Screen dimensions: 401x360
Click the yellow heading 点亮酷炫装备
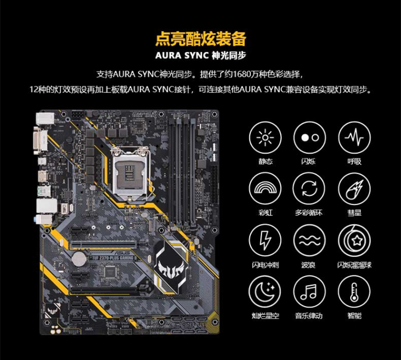[x=201, y=39]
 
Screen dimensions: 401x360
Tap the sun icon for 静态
[x=265, y=138]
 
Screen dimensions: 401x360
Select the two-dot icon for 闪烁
[x=310, y=138]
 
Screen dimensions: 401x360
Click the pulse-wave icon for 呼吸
[x=354, y=138]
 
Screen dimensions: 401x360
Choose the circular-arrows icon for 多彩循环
[x=309, y=189]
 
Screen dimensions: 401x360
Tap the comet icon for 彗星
[x=354, y=189]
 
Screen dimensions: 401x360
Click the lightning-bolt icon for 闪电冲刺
[x=265, y=241]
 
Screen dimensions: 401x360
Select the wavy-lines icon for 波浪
[x=310, y=241]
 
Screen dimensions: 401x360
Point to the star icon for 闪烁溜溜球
[x=354, y=241]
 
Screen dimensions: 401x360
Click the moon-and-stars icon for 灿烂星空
[x=264, y=291]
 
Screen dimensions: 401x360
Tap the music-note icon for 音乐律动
[x=309, y=291]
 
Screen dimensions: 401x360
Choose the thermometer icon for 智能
[x=354, y=291]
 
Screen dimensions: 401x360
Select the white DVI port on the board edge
[x=41, y=141]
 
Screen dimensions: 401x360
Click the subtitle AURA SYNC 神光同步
[x=201, y=55]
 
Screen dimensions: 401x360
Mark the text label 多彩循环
[x=309, y=212]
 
